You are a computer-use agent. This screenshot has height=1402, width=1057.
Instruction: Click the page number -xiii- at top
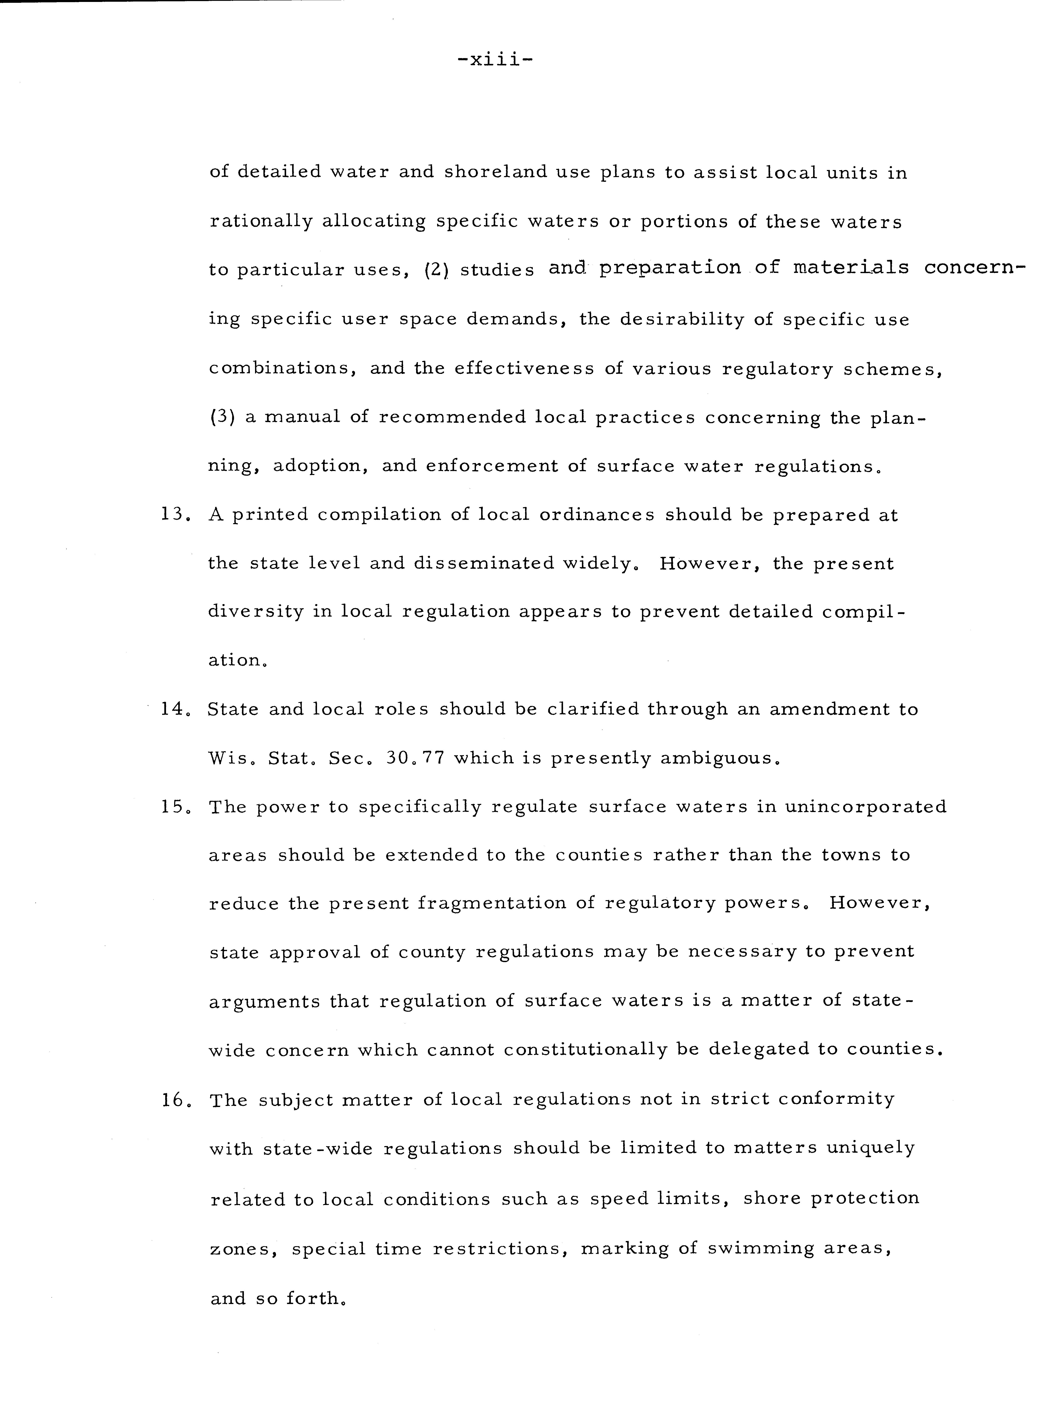[495, 60]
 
